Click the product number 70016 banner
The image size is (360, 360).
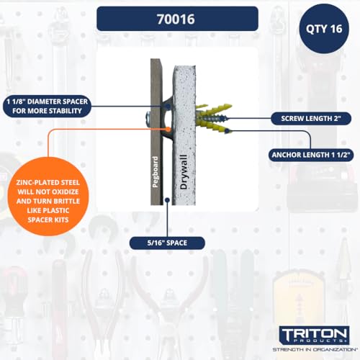(x=177, y=18)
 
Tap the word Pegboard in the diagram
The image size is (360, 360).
(x=156, y=171)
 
